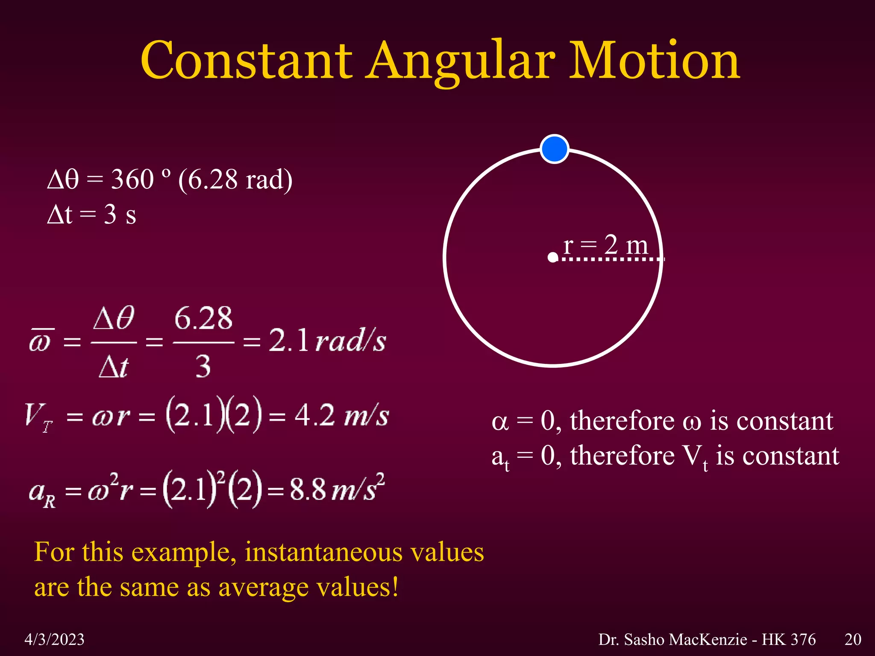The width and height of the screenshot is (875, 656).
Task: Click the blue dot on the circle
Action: click(554, 149)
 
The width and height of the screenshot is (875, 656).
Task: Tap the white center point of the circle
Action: click(553, 258)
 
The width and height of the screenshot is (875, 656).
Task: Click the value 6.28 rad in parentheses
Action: click(235, 180)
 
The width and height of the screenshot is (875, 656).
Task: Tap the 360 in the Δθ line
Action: click(132, 179)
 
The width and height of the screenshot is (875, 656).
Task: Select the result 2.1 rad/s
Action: click(327, 341)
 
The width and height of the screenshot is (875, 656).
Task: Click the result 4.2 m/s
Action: click(342, 415)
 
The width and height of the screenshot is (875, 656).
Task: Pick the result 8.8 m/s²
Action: click(337, 489)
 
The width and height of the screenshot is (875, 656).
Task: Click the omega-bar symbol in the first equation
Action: click(40, 341)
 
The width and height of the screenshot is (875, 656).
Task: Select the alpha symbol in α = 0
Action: click(500, 422)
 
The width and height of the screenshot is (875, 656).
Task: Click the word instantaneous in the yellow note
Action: click(324, 552)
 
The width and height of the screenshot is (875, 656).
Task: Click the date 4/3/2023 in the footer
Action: click(54, 639)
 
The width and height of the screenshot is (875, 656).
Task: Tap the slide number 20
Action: click(853, 639)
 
